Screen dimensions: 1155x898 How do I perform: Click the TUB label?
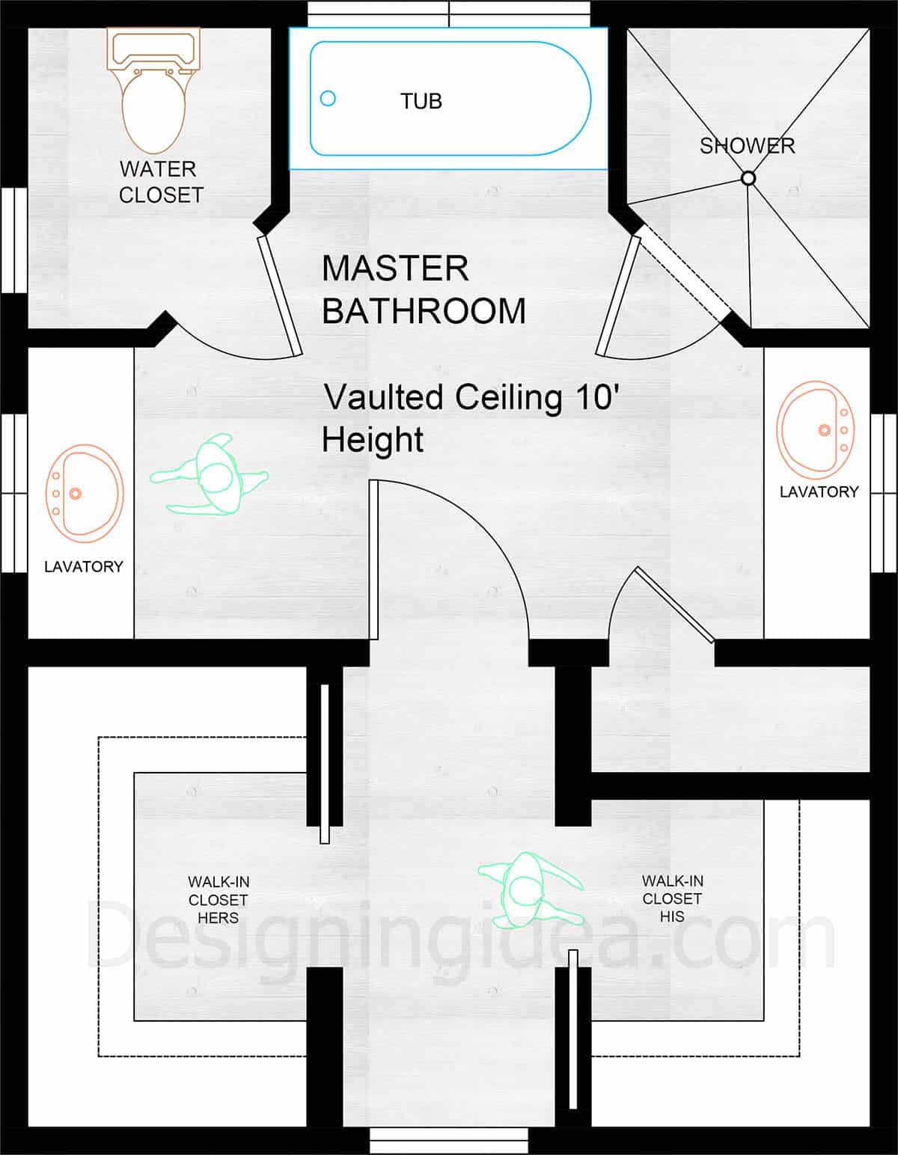[421, 101]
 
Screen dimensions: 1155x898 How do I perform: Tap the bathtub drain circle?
[328, 98]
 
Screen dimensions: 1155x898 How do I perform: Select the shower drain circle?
[748, 178]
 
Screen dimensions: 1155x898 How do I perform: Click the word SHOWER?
[747, 146]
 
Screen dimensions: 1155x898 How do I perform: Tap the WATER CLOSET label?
[161, 182]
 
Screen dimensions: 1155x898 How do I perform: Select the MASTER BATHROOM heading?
[423, 289]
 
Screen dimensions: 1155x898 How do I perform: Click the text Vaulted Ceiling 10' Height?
[470, 417]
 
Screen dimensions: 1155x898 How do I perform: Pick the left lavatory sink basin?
[84, 494]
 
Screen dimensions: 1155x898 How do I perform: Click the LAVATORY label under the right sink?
[819, 491]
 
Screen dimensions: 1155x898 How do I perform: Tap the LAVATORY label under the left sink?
[83, 566]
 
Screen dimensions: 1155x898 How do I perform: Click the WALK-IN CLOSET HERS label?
[218, 900]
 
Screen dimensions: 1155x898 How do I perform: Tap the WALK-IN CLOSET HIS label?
[672, 898]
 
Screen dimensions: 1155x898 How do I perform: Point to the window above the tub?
[449, 13]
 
